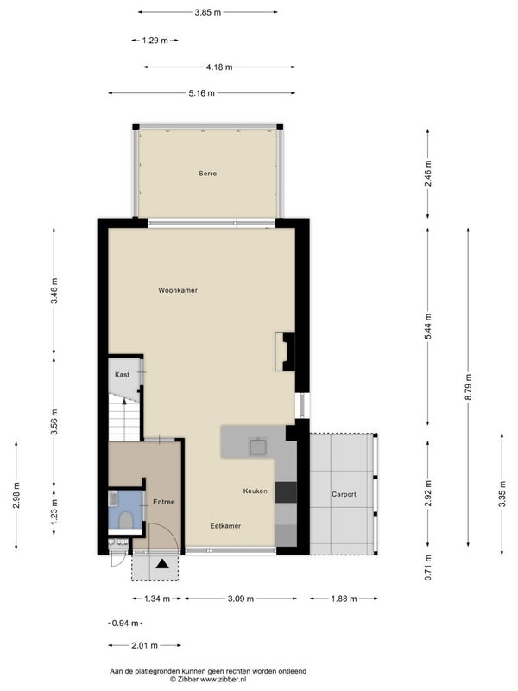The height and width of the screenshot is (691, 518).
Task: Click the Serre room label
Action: (207, 174)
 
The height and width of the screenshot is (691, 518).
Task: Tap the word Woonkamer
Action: (178, 290)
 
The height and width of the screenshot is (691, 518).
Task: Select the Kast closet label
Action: (122, 375)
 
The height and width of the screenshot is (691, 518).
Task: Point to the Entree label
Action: (164, 502)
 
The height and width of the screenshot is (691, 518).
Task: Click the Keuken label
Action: (256, 491)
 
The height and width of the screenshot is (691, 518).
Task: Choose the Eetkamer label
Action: (225, 526)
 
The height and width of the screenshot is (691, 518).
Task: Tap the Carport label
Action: (344, 494)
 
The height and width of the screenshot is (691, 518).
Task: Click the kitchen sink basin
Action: (258, 447)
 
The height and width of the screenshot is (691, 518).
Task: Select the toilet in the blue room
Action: (126, 520)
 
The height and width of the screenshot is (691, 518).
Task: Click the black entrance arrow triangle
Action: (162, 564)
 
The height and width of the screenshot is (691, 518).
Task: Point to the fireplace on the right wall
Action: (285, 352)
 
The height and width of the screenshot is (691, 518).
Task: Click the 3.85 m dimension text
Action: (208, 12)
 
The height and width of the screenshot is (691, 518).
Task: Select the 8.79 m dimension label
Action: (468, 387)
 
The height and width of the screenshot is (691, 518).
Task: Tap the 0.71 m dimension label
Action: (428, 567)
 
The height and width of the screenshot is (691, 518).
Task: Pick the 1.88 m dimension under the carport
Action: (344, 599)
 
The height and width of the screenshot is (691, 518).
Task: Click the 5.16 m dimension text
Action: (202, 93)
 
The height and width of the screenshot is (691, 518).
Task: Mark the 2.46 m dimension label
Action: (428, 174)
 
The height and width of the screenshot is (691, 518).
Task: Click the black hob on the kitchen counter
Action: (286, 492)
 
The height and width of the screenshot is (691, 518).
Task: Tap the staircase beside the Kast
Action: (125, 417)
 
